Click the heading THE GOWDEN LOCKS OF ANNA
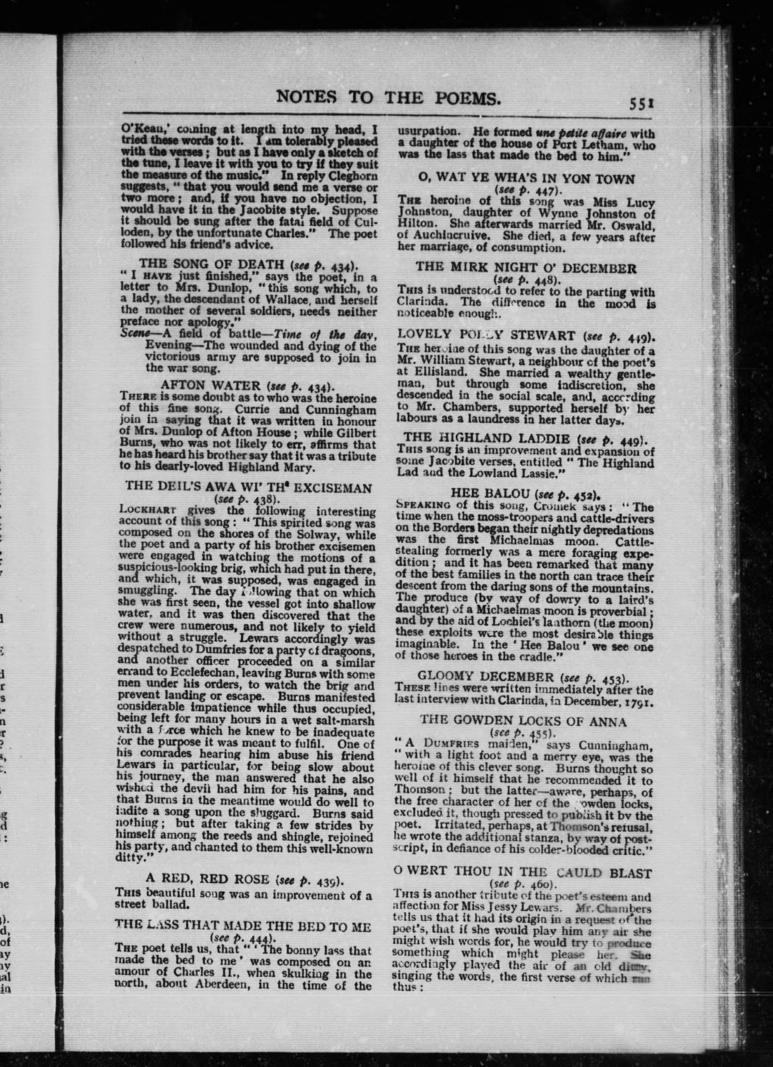pos(523,722)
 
